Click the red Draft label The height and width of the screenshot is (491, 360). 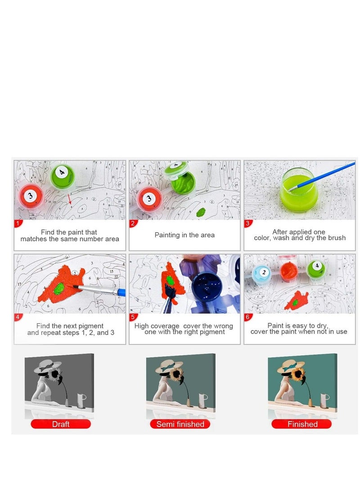click(61, 424)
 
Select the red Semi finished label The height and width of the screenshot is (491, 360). click(180, 424)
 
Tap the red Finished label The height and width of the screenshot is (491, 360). click(302, 424)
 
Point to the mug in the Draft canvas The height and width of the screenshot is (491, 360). click(81, 399)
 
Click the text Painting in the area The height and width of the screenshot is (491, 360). click(184, 235)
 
